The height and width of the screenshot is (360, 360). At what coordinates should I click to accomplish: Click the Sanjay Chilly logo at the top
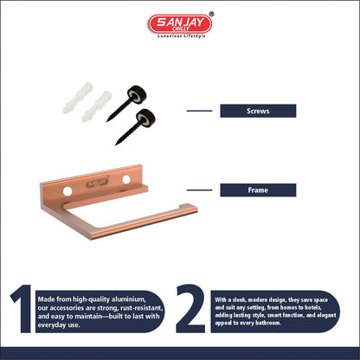point(180,23)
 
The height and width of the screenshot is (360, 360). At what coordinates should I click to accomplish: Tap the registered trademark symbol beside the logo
point(211,14)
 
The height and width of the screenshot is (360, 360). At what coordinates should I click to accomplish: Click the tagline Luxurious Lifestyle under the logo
point(182,36)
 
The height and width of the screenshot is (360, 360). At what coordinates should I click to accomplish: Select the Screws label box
point(258,111)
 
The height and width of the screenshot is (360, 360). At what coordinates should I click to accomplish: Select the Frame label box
point(258,190)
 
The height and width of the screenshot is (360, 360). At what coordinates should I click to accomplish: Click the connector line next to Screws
point(199,111)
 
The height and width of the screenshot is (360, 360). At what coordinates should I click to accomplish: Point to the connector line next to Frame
point(199,190)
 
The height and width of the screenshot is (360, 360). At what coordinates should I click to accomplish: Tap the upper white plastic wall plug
point(78,98)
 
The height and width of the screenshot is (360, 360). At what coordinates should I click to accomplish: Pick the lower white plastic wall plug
point(96,106)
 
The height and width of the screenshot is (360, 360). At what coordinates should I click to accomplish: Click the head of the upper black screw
point(137,93)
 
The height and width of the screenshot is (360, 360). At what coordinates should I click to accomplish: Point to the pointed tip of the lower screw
point(116,144)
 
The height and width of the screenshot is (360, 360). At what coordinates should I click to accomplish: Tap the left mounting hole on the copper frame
point(67,191)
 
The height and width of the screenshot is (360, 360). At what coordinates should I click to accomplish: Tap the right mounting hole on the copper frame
point(126,179)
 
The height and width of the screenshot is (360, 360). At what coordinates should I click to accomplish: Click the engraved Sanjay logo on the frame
point(98,183)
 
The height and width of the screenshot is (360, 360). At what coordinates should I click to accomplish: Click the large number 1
point(22,308)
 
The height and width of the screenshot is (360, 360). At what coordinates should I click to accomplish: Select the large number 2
point(190,308)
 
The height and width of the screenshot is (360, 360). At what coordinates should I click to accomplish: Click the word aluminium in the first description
point(128,299)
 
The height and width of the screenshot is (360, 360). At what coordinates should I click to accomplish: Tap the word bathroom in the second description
point(267,323)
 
